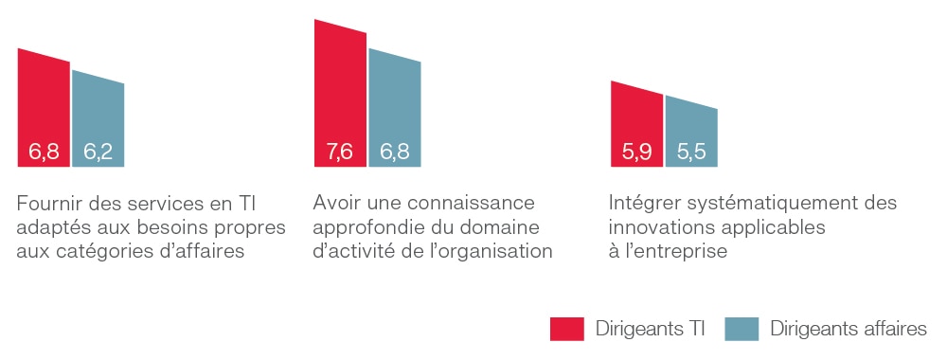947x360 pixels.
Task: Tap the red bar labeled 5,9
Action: click(636, 123)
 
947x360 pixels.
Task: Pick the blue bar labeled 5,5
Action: click(691, 133)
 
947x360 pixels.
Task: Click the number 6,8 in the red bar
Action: click(44, 152)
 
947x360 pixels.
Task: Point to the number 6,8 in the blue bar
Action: click(395, 152)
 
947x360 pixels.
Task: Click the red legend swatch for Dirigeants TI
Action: click(566, 329)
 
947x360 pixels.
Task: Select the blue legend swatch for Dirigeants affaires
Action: click(742, 329)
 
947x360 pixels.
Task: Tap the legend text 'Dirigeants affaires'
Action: click(849, 329)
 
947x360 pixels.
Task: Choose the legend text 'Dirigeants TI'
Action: click(651, 329)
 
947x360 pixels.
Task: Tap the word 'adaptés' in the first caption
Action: click(51, 228)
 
